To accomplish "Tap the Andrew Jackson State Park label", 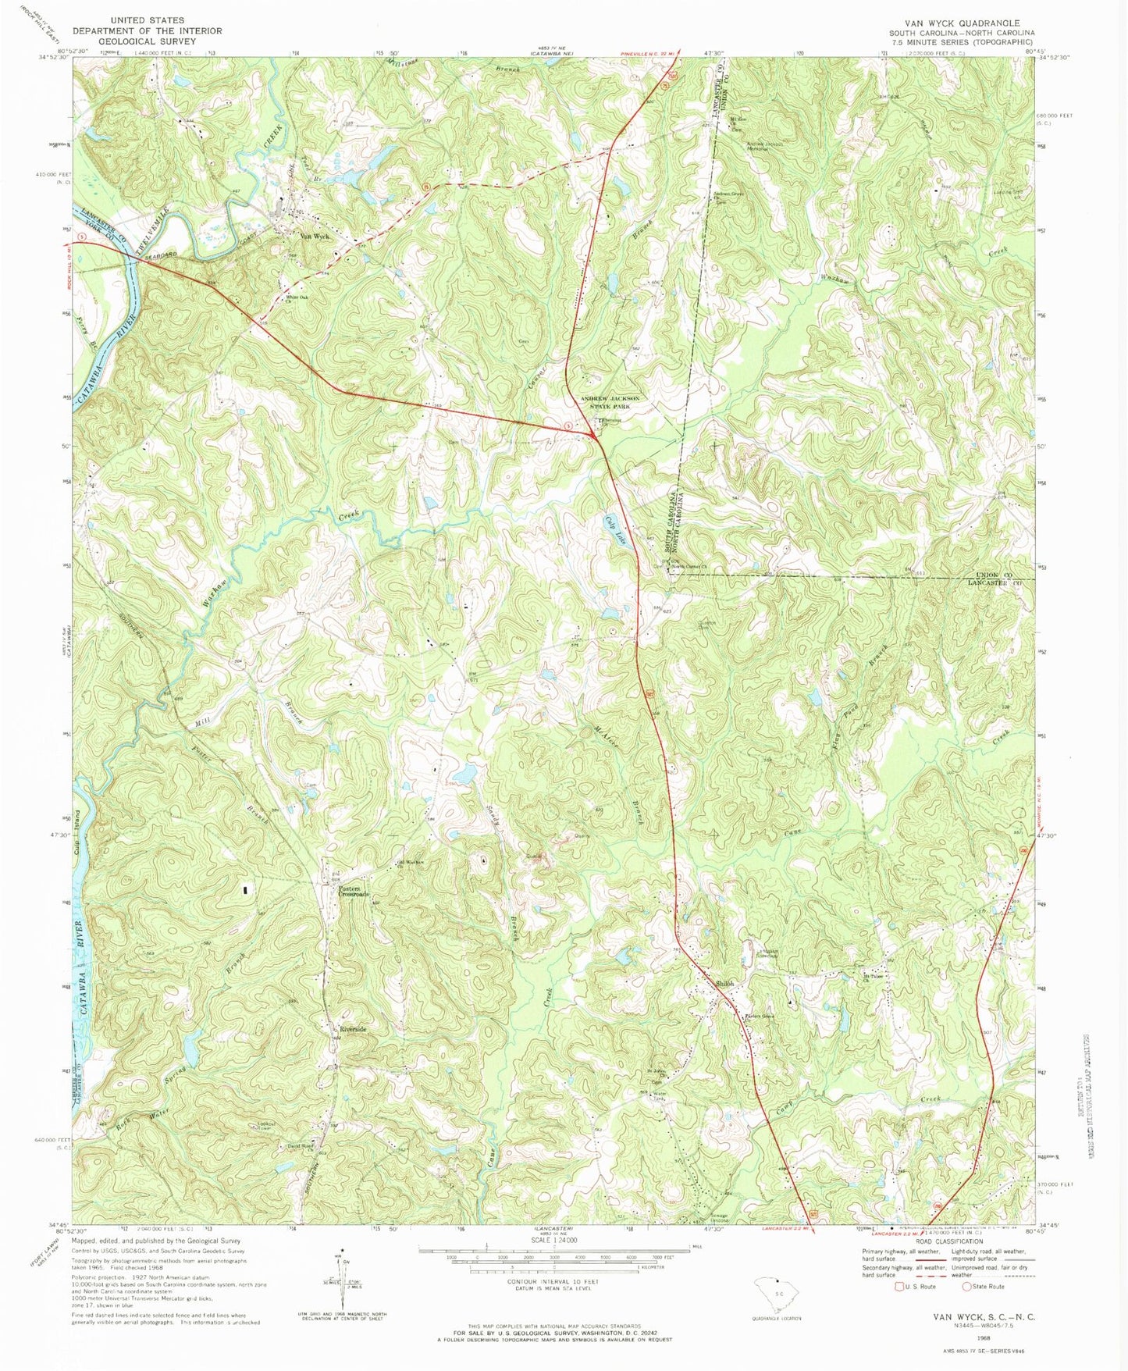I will point(610,402).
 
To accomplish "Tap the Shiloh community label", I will point(725,984).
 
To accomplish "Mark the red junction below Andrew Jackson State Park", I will point(597,437).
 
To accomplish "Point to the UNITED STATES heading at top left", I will point(148,20).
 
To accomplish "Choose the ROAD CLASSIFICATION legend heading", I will point(950,1241).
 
